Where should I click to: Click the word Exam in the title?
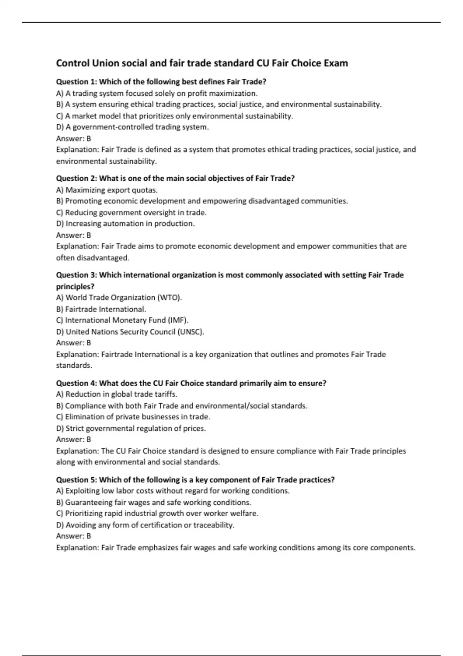336,63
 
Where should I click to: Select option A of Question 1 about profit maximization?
157,93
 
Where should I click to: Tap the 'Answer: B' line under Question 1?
73,139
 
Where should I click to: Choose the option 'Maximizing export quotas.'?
107,190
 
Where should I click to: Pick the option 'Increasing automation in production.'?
125,224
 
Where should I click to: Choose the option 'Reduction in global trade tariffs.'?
117,394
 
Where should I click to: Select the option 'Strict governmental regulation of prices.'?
131,428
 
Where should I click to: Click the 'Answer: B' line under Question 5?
73,536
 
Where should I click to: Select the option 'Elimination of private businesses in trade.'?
133,417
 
